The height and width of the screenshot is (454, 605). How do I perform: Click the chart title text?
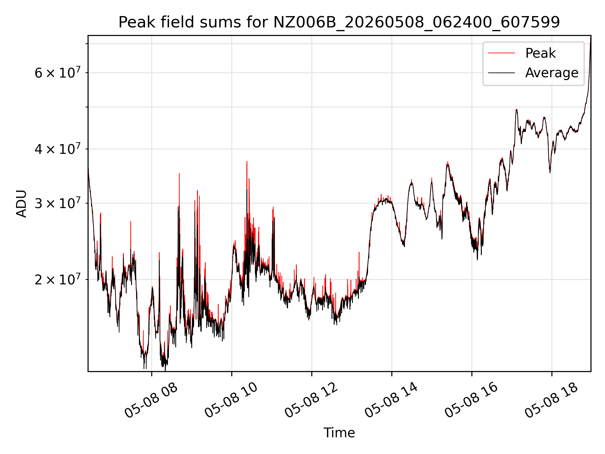(x=339, y=22)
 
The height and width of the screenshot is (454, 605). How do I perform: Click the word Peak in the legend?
(x=540, y=53)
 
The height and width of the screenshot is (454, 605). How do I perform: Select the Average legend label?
(x=552, y=73)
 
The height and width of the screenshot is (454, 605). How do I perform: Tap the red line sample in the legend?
(x=502, y=53)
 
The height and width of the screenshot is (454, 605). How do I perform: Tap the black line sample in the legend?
(x=502, y=73)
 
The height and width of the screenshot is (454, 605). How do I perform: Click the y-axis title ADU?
(x=21, y=204)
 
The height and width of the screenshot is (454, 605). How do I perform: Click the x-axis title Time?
(x=339, y=433)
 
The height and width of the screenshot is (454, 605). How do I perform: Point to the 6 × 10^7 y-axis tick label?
(x=58, y=72)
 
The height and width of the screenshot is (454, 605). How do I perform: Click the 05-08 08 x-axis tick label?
(x=151, y=400)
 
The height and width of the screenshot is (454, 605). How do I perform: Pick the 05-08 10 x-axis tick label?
(x=231, y=400)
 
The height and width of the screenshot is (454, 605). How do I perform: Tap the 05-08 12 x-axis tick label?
(x=311, y=400)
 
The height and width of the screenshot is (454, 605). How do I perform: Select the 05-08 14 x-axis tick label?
(x=391, y=400)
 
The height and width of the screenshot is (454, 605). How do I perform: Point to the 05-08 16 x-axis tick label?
(x=471, y=400)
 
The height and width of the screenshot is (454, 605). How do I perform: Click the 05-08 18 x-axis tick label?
(x=551, y=400)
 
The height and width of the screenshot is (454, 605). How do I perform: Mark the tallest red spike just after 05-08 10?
(x=247, y=161)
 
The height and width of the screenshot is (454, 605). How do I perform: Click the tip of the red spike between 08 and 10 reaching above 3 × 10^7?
(x=179, y=173)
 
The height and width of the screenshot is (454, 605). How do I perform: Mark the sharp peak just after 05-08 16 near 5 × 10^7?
(x=516, y=109)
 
